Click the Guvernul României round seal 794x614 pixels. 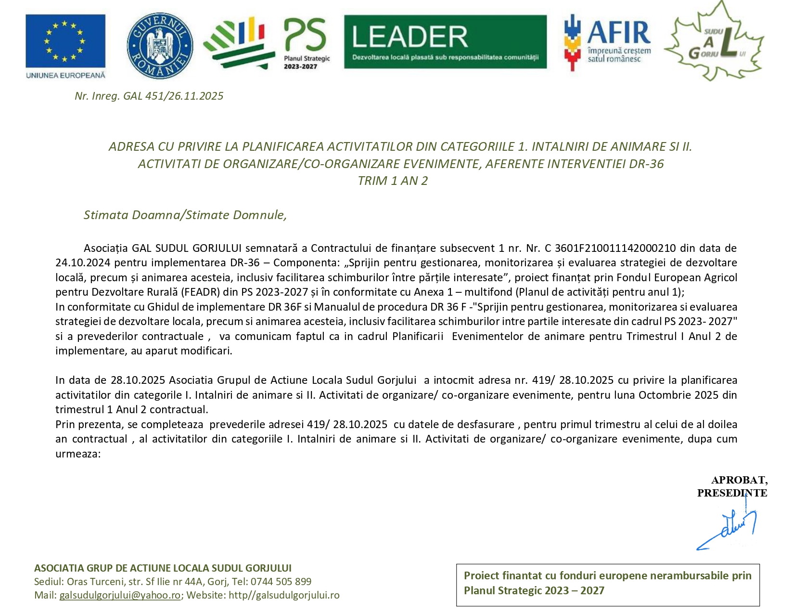click(x=160, y=45)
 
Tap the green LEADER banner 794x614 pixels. click(x=445, y=41)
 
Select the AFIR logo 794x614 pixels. click(x=607, y=42)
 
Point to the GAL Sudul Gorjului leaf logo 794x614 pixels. click(x=714, y=42)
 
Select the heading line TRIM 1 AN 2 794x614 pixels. click(x=393, y=181)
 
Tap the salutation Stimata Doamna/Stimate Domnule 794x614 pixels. click(x=185, y=215)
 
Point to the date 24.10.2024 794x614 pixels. click(x=83, y=263)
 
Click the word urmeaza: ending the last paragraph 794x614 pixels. click(x=78, y=454)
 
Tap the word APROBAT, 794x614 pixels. click(x=739, y=480)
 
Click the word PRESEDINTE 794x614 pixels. click(x=732, y=493)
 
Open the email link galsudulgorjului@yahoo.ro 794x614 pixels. click(x=120, y=595)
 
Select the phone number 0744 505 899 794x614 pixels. click(x=281, y=582)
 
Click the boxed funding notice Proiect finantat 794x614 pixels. click(x=607, y=583)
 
